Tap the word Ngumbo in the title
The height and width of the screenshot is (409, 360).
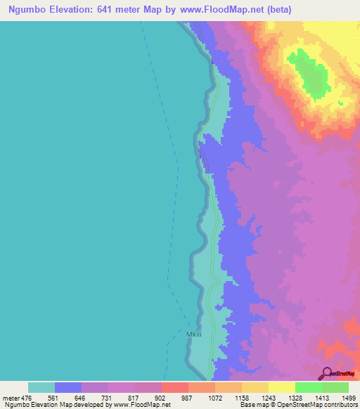coord(29,10)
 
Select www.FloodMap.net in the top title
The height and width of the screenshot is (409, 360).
coord(222,10)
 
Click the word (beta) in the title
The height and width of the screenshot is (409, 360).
coord(277,10)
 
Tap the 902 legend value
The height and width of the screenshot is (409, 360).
coord(161,397)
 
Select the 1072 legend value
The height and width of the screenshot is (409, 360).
coord(214,397)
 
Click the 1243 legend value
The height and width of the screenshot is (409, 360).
coord(268,397)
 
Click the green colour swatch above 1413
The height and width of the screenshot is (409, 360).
coord(308,387)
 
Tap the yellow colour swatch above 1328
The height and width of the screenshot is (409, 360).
coord(281,387)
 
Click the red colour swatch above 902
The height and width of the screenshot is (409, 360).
coord(174,387)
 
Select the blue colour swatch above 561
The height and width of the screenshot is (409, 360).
coord(67,387)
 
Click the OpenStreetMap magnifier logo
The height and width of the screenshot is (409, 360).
coord(326,373)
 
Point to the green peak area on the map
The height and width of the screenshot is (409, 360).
coord(307,74)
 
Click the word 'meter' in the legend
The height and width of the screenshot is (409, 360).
coord(10,397)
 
